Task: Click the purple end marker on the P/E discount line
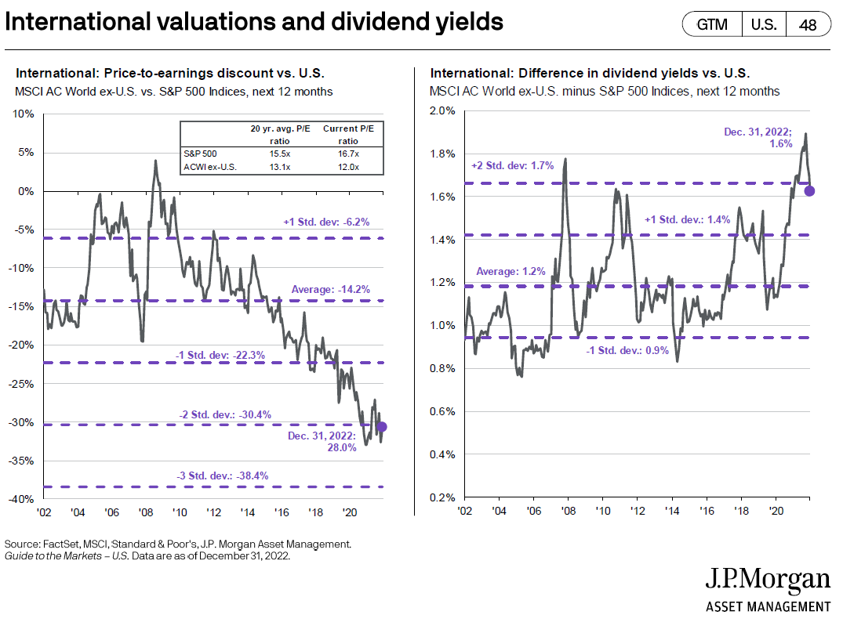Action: (382, 427)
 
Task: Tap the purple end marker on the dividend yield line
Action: (809, 190)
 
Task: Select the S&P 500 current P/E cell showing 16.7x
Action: (348, 154)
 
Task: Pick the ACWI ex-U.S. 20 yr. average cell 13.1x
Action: (280, 167)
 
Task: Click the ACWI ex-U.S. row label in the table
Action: (209, 167)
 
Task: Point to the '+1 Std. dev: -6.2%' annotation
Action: (326, 222)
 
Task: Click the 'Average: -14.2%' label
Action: (331, 290)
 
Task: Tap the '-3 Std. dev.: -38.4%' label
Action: (223, 476)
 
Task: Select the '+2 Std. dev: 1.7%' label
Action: (512, 165)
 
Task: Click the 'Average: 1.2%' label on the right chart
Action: (511, 271)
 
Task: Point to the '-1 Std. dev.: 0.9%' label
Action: (627, 350)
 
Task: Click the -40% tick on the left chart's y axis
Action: (21, 499)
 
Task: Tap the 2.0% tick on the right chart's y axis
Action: (442, 110)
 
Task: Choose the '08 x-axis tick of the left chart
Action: (146, 512)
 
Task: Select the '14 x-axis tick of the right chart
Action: (672, 511)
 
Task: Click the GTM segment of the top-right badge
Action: (712, 25)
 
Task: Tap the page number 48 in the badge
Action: (808, 25)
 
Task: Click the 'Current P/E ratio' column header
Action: (348, 135)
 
